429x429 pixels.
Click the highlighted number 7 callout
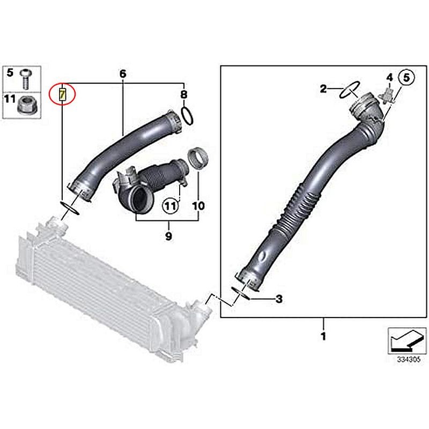coord(62,94)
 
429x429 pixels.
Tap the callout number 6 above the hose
coord(123,73)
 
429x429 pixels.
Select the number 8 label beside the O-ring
coord(184,94)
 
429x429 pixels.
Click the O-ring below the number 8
coord(187,116)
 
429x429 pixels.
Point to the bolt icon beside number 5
coord(26,79)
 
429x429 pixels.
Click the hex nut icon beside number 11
coord(26,106)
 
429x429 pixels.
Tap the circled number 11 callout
coord(171,206)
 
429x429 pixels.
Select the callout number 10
coord(198,206)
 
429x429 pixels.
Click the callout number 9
coord(168,236)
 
